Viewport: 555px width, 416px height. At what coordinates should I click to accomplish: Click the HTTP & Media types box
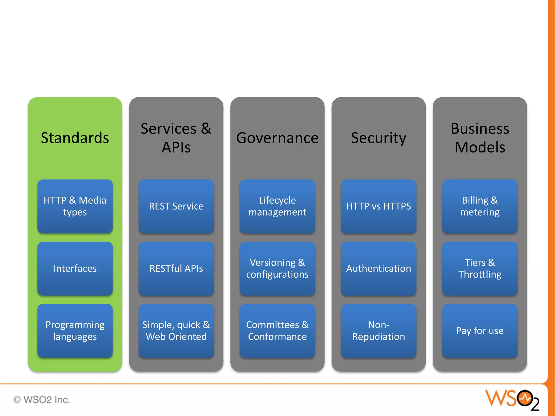tap(75, 206)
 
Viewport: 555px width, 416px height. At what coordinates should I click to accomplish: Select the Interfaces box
tap(75, 268)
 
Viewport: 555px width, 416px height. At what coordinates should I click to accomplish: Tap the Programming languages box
tap(75, 331)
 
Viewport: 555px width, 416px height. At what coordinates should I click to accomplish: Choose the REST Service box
tap(176, 206)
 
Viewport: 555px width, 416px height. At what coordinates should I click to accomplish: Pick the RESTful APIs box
tap(176, 268)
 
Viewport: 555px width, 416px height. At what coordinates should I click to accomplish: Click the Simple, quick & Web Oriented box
tap(176, 331)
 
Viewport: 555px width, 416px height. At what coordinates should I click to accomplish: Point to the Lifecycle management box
tap(277, 206)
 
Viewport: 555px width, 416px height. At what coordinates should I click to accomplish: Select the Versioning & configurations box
tap(277, 268)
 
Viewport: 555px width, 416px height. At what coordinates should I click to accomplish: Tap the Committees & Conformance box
tap(277, 331)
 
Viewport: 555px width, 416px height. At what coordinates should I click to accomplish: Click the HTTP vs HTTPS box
tap(379, 206)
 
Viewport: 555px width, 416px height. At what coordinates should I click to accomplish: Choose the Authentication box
tap(379, 268)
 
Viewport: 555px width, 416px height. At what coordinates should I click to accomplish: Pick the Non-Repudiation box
tap(379, 331)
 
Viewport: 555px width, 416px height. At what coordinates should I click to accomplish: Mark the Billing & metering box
tap(480, 206)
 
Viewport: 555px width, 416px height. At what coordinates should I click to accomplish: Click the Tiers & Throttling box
tap(480, 268)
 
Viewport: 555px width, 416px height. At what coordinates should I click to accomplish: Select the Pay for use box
tap(480, 331)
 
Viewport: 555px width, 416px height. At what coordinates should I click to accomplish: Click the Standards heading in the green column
tap(75, 138)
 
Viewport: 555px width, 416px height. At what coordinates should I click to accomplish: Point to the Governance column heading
tap(277, 138)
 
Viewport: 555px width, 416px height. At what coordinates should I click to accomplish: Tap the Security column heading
tap(379, 138)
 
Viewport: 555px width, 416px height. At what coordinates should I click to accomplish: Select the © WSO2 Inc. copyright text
tap(42, 400)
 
